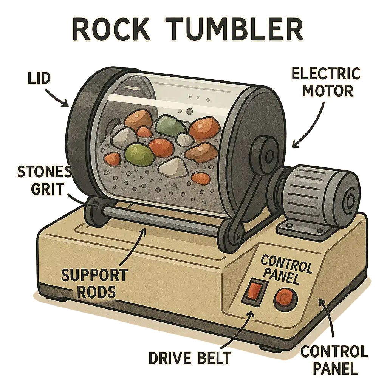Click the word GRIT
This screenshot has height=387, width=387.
coord(42,189)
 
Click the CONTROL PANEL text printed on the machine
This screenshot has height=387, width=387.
coord(286,269)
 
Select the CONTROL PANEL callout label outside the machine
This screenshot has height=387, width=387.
coord(334,360)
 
